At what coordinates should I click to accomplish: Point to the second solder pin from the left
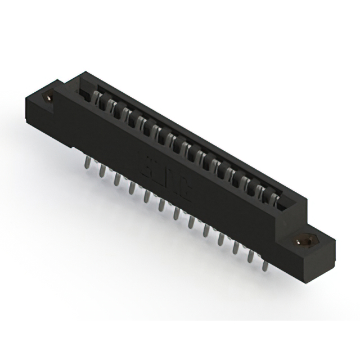102,170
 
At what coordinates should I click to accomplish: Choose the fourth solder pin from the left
131,186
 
